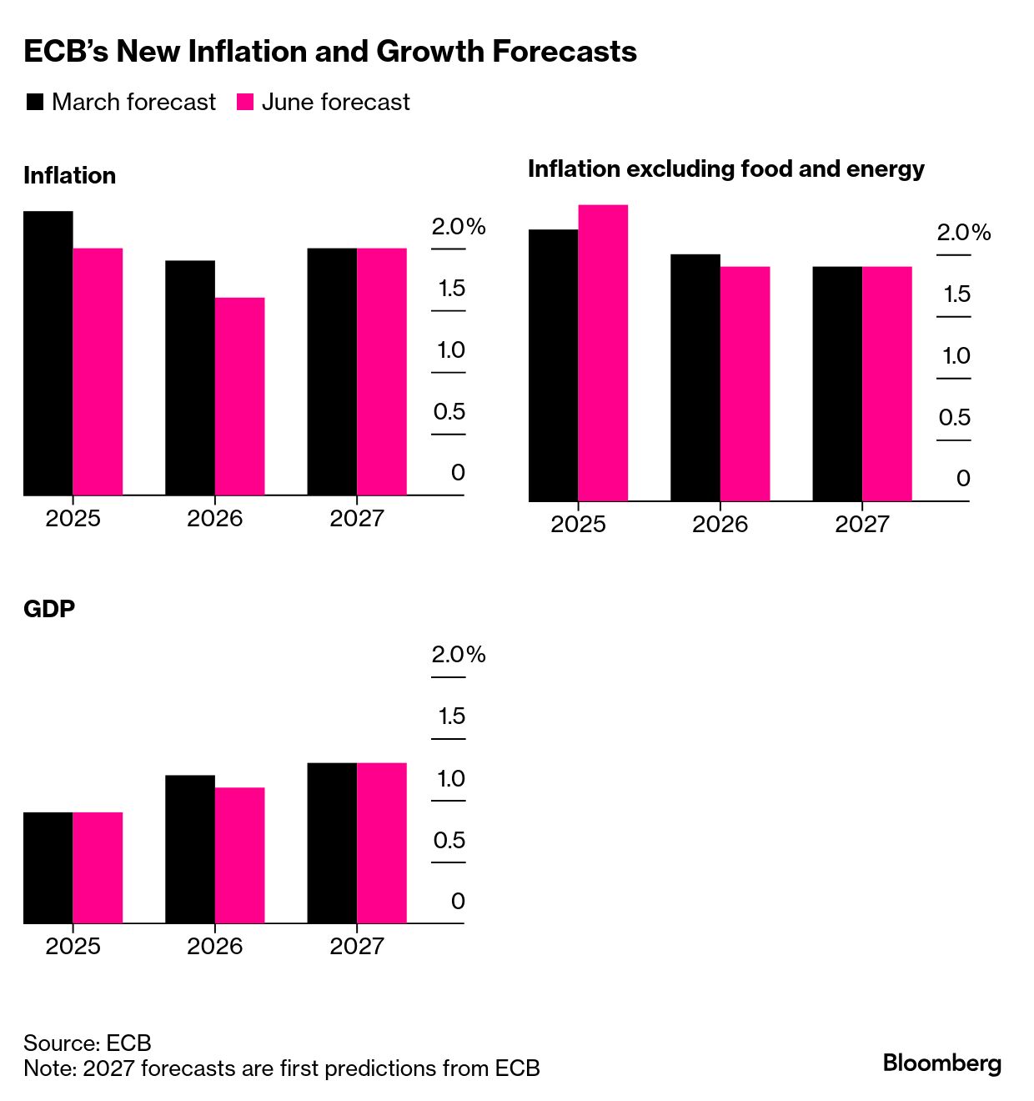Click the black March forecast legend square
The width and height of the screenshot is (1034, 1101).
[35, 103]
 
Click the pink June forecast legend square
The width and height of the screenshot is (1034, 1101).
[245, 103]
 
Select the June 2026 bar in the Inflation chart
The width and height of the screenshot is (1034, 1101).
[240, 396]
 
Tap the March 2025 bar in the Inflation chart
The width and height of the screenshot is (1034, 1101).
[48, 353]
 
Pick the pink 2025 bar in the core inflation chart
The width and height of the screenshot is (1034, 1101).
[603, 353]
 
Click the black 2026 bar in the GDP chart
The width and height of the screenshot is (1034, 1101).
[190, 849]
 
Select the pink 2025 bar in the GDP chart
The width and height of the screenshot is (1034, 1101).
[98, 867]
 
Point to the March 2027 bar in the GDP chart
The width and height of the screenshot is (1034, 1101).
[332, 843]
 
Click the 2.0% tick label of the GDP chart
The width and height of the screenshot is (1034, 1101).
[458, 655]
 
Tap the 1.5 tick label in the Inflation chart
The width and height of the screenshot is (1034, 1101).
[451, 289]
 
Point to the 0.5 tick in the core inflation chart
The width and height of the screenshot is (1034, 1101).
[954, 417]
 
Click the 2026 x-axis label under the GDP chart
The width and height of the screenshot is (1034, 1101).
[215, 946]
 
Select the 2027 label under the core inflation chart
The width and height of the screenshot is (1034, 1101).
[862, 525]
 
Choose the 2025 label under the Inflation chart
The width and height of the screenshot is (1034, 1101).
[73, 519]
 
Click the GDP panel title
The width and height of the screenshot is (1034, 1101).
[49, 609]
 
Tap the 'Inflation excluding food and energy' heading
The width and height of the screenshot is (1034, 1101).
[725, 169]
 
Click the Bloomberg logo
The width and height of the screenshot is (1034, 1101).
[941, 1063]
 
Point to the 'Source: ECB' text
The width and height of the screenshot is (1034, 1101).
[88, 1043]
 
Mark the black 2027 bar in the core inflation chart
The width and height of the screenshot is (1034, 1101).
[837, 384]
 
